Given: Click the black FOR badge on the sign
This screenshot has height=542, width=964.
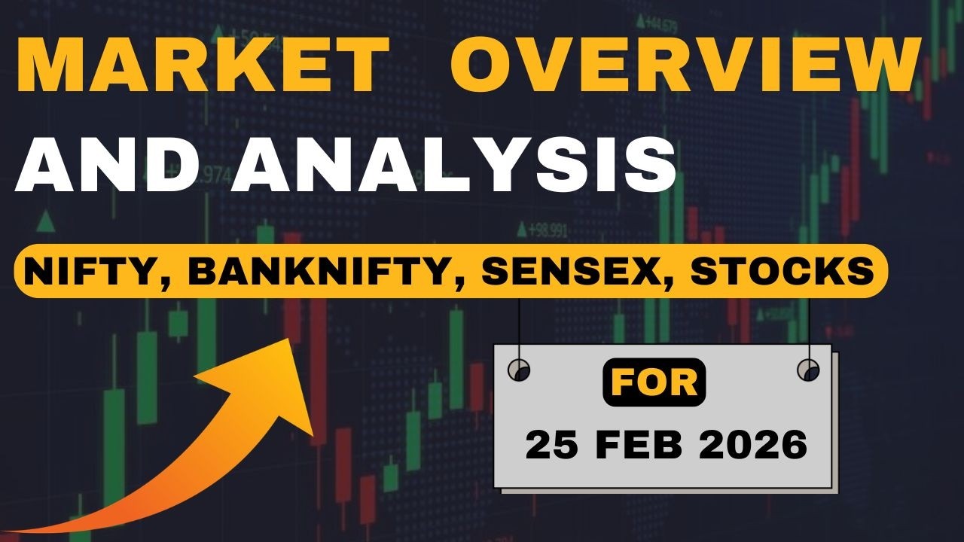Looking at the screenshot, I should point(654,382).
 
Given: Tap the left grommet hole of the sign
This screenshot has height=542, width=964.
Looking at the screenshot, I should point(519,370).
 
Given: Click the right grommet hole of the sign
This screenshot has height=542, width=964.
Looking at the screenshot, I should point(808,370).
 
